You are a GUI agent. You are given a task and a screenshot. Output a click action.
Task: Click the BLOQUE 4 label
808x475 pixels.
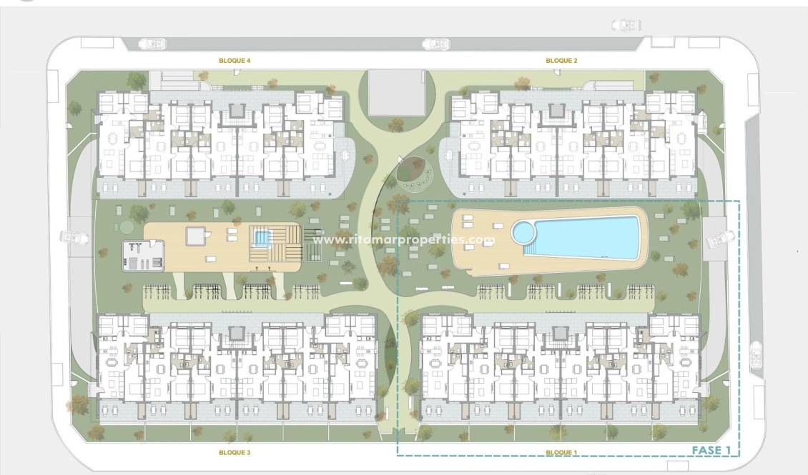(x=235, y=61)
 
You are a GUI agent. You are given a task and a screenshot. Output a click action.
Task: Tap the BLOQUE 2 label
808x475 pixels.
(x=561, y=61)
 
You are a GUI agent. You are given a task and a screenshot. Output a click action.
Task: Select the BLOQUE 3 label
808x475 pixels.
(x=235, y=452)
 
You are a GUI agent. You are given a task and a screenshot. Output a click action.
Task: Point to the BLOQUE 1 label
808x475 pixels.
(x=561, y=452)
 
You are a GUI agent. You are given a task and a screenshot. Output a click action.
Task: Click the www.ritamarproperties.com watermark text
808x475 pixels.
(x=404, y=240)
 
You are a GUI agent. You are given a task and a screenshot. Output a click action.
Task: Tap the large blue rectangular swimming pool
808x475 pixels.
(x=586, y=237)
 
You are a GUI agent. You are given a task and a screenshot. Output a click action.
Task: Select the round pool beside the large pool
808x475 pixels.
(x=523, y=232)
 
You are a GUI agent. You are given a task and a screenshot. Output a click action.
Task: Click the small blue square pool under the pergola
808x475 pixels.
(x=262, y=237)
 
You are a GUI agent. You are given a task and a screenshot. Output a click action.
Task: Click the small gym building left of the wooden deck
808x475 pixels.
(x=144, y=255)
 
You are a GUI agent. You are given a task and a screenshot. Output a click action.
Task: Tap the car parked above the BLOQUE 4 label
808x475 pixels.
(x=152, y=44)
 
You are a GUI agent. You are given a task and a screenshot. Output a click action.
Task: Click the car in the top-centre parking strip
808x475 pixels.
(x=436, y=44)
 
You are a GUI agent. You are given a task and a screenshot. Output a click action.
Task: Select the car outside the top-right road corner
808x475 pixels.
(x=626, y=26)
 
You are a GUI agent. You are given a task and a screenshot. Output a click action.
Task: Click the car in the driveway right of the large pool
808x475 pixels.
(x=720, y=239)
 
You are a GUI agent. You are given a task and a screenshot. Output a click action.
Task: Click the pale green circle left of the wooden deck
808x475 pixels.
(x=127, y=227)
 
